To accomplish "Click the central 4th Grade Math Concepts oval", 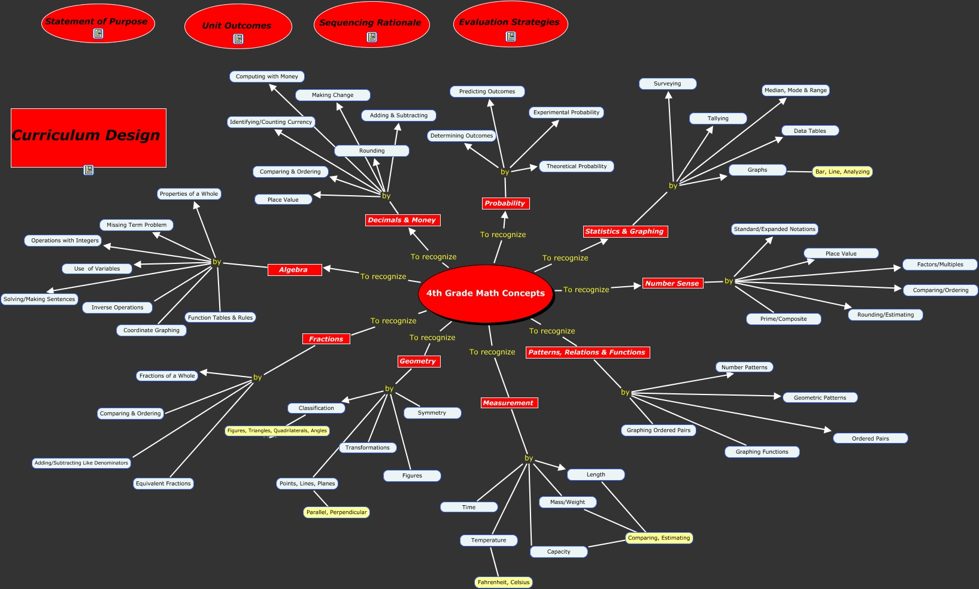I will point(485,293).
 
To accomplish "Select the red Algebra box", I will point(294,270).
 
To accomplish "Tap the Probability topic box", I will point(505,204).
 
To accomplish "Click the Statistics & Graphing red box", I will point(625,232).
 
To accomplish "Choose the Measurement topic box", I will point(508,403).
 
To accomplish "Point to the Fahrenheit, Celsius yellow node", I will point(504,582).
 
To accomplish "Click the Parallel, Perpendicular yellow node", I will point(337,512).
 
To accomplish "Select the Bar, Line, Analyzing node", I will point(842,172).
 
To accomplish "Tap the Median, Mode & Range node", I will point(795,90).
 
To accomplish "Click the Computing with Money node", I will point(267,77).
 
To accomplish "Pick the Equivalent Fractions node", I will point(163,484).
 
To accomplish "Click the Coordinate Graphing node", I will point(151,330).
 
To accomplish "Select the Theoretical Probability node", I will point(576,166).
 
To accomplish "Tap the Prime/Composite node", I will point(783,319).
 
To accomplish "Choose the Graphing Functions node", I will point(762,452).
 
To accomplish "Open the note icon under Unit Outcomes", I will point(238,39).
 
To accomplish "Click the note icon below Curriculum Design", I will point(89,170).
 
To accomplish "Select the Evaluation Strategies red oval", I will point(510,22).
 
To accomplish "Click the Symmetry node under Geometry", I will point(432,413).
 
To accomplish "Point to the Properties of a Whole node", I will point(189,194).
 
